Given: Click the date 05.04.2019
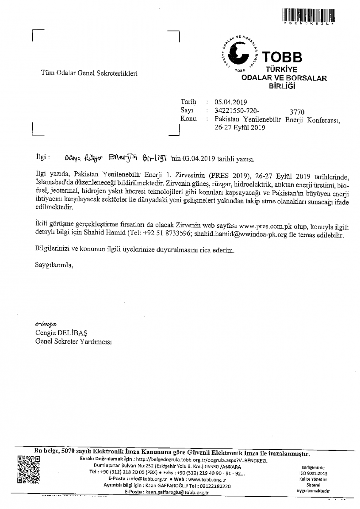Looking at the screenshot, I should coord(231,102).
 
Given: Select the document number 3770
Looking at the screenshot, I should coord(297,112).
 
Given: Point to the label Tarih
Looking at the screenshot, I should coord(188,102).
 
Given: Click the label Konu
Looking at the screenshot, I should coord(188,119).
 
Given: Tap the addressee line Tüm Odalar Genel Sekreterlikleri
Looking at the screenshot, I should coord(89,73).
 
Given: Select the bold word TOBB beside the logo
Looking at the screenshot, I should coord(281,56).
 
